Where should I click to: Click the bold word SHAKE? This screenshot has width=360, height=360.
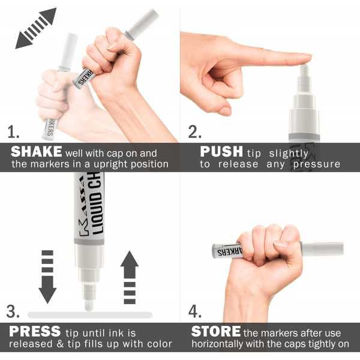coord(36,152)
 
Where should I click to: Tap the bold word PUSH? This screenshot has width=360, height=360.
coord(221,152)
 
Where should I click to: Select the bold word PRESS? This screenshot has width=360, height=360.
coord(35,331)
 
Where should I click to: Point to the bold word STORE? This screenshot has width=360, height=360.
coord(215,331)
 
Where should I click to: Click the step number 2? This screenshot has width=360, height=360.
coord(193,131)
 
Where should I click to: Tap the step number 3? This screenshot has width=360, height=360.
coord(13,311)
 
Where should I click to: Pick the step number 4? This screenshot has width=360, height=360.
coord(194,311)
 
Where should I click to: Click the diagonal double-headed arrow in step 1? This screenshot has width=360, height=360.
coord(36,28)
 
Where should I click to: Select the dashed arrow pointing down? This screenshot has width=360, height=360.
coord(47,275)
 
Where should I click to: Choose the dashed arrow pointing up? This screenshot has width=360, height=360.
coord(129,277)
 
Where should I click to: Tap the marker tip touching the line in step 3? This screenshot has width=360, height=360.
coord(89,304)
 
